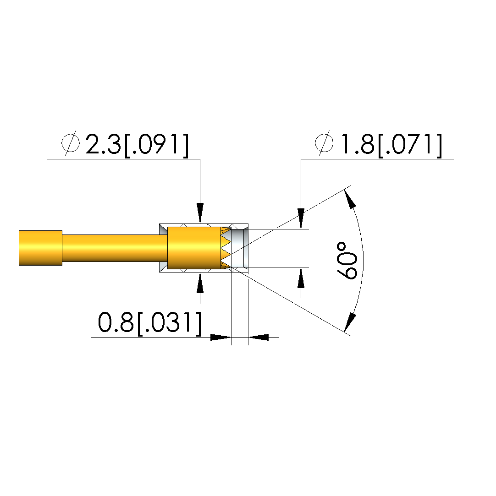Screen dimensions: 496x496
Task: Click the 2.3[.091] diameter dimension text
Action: coord(137,145)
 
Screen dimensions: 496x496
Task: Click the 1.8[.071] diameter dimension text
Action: coord(391,145)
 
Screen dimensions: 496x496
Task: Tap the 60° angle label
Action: coord(347,261)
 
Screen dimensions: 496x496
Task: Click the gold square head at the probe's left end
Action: coord(40,248)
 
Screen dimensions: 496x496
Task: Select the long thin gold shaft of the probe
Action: coord(115,248)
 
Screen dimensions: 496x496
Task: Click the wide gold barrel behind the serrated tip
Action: coord(194,248)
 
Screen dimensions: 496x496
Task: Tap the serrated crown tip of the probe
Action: coord(226,248)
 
